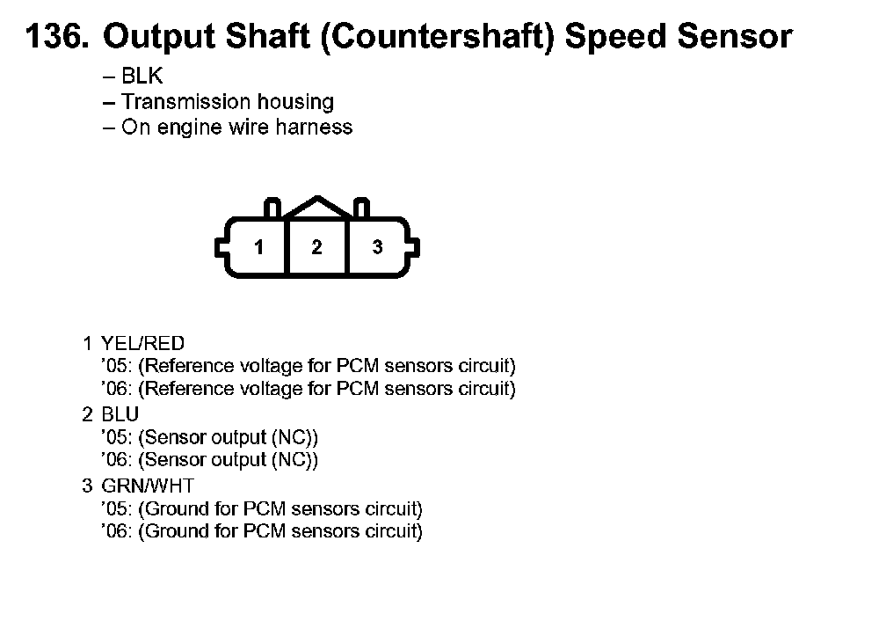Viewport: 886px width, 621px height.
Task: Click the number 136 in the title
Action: coord(55,37)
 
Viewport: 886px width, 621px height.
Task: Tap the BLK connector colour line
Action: coord(133,77)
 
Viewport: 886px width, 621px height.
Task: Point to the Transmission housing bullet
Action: coord(218,102)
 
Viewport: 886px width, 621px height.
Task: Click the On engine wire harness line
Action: coord(228,128)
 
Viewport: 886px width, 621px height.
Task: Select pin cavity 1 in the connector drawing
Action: coord(258,247)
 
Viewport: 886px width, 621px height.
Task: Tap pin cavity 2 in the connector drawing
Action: coord(316,247)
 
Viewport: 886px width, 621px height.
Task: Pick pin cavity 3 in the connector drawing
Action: coord(377,247)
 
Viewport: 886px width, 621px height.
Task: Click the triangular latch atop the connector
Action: coord(316,208)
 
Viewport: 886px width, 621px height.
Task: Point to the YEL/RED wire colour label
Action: coord(143,343)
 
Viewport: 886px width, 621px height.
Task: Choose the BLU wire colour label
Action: coord(120,414)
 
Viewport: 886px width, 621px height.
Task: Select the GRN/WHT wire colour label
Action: coord(148,486)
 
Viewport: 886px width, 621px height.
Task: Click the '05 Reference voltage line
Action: coord(309,366)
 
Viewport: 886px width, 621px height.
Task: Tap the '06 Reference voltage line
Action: coord(309,389)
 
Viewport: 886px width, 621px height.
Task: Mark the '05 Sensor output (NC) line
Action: coord(210,437)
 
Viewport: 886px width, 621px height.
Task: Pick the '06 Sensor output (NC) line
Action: coord(210,460)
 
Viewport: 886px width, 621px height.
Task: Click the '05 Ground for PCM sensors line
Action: coord(262,508)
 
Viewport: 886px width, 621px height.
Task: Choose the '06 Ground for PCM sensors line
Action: coord(262,531)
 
